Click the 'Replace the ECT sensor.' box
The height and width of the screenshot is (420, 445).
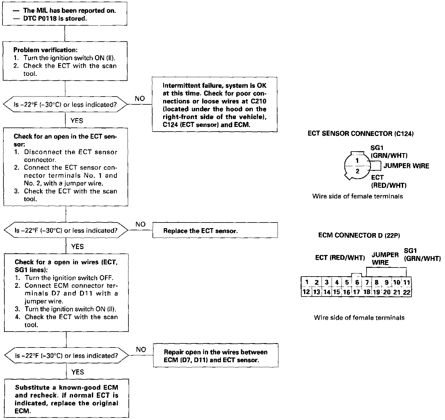coord(215,231)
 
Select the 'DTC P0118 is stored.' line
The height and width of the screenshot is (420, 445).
coord(55,19)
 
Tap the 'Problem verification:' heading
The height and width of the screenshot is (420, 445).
coord(46,50)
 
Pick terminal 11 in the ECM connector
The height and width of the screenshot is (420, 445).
coord(406,282)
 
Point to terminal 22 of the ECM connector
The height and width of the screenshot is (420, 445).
coord(406,292)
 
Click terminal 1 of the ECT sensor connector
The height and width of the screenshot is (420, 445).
coord(357,161)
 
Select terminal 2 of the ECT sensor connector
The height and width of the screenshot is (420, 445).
coord(357,171)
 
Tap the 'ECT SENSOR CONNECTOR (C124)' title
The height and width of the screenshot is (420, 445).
coord(361,134)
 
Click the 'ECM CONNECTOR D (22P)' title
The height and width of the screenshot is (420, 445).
coord(359,235)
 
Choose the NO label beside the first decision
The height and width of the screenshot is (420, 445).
coord(140,99)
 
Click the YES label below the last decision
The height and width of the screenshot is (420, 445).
coord(77,372)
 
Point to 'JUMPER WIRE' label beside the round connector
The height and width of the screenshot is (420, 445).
coord(406,166)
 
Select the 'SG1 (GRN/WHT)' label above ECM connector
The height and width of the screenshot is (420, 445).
coord(422,255)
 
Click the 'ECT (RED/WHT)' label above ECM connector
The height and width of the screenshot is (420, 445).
coord(340,258)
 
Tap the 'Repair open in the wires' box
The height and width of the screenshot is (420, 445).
coord(216,356)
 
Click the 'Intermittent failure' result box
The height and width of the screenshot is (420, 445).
coord(215,105)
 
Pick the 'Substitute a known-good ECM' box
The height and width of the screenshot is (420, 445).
coord(67,399)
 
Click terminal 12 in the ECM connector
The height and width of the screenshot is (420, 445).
coord(306,292)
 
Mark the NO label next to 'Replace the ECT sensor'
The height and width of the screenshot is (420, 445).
coord(141,224)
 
